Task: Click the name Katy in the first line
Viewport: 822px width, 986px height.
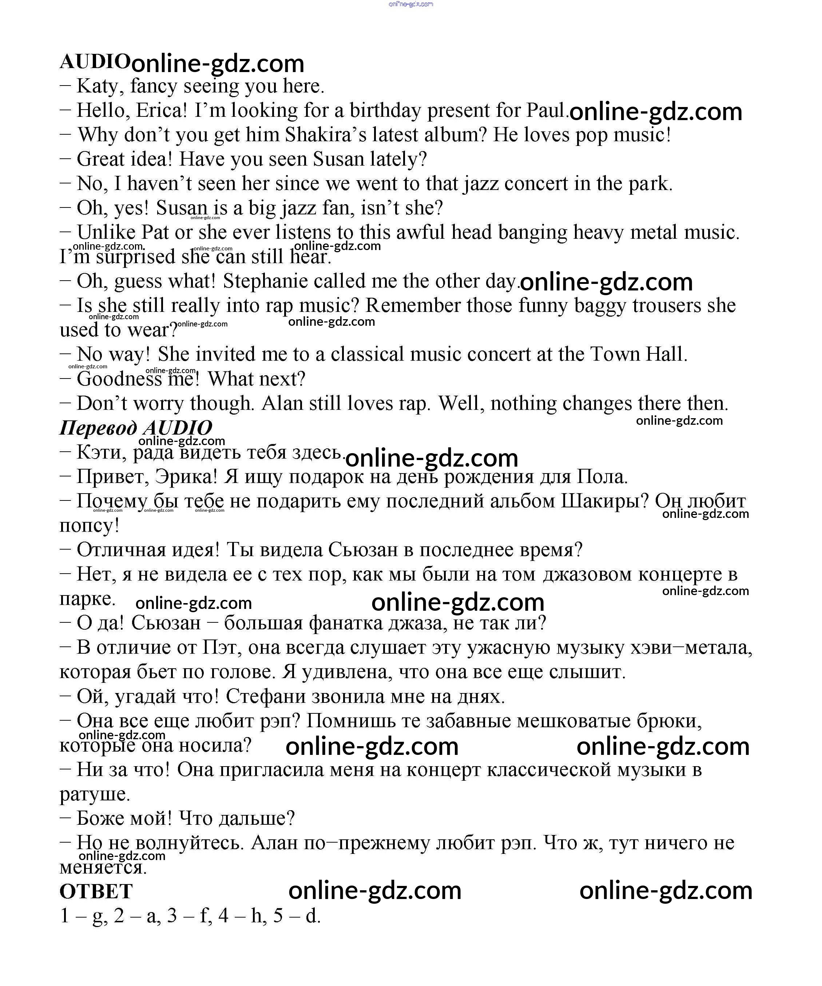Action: tap(97, 86)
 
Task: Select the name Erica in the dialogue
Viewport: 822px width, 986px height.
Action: tap(161, 111)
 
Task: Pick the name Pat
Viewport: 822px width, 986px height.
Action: tap(155, 233)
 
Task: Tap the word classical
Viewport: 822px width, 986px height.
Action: tap(367, 355)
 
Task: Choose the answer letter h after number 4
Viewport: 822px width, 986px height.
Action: tap(256, 916)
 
